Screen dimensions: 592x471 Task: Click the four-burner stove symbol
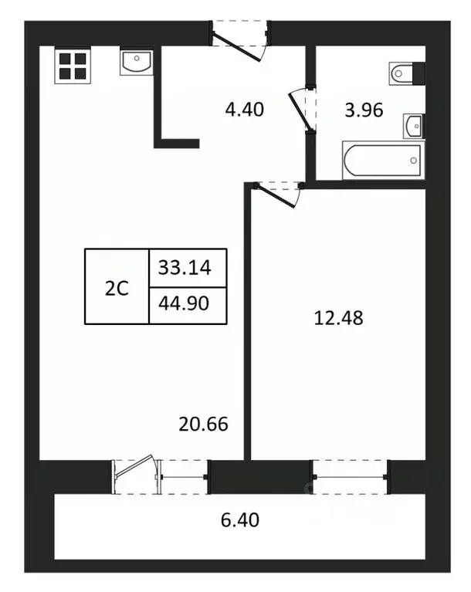click(71, 66)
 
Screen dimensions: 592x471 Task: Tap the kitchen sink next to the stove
click(137, 62)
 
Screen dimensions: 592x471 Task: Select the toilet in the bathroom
click(408, 73)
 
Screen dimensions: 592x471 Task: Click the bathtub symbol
click(383, 161)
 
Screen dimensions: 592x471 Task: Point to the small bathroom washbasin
click(414, 124)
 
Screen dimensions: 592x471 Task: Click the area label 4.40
click(244, 110)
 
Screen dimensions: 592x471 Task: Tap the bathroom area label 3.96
click(364, 110)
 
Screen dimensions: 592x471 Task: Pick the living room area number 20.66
click(204, 424)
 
